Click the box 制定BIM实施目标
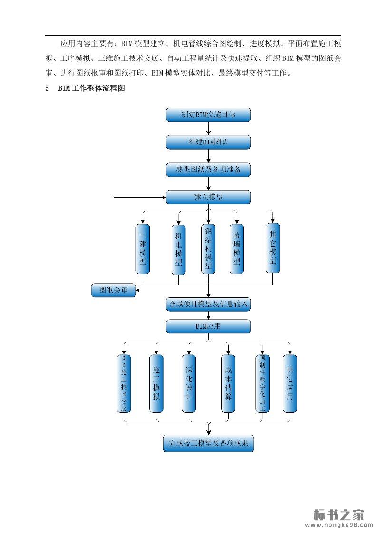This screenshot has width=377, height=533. [208, 115]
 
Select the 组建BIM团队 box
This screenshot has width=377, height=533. [208, 142]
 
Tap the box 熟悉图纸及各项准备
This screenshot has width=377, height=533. [208, 170]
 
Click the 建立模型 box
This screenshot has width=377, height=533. [208, 197]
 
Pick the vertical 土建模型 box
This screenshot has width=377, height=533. [143, 248]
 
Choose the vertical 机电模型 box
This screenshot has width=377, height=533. [178, 248]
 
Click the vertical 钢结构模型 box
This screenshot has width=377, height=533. [208, 248]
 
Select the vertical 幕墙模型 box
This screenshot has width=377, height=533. [237, 248]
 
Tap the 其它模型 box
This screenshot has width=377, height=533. [273, 247]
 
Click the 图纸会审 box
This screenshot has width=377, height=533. [114, 290]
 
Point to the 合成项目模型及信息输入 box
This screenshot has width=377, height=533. [208, 304]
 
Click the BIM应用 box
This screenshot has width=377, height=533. [208, 326]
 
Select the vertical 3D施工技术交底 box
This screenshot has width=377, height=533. [125, 383]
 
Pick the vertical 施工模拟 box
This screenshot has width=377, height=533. [156, 383]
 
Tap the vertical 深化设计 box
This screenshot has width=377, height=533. [189, 383]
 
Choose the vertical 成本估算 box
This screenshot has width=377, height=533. [228, 383]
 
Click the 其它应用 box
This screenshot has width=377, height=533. [290, 383]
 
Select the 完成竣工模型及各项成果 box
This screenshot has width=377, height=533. [208, 443]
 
